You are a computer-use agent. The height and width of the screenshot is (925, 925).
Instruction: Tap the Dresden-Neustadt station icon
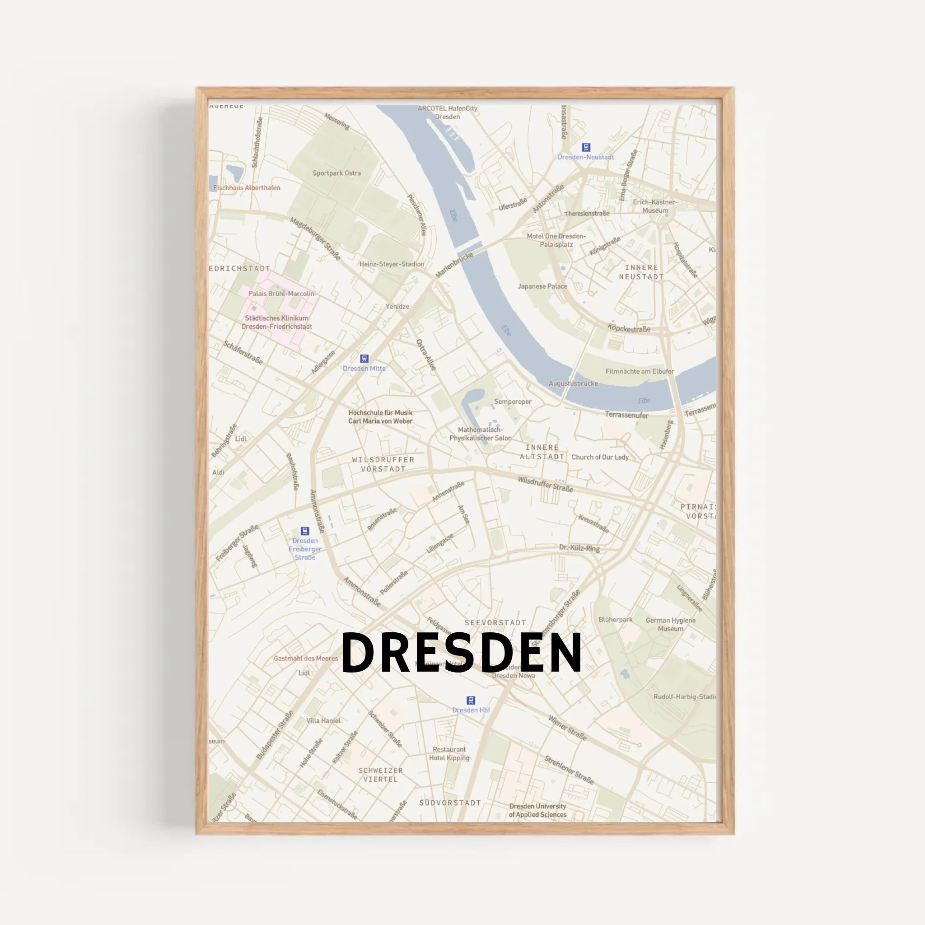[585, 147]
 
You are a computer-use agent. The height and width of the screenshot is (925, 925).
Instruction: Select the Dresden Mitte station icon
[364, 359]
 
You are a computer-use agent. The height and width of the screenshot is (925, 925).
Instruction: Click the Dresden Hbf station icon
[471, 701]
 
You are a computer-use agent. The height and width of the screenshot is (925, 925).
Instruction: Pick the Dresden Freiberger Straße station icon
[304, 531]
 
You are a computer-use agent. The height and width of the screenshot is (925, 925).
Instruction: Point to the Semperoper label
[513, 402]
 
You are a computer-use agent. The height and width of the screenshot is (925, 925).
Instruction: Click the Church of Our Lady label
[600, 457]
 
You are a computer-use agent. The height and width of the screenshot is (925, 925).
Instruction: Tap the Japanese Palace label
[542, 286]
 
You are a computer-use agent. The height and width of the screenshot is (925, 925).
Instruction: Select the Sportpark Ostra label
[336, 173]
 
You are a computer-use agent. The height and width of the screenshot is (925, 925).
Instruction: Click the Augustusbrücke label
[573, 383]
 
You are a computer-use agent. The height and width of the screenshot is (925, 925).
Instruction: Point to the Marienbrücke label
[454, 265]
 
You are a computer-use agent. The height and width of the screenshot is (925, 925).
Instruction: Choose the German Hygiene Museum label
[670, 624]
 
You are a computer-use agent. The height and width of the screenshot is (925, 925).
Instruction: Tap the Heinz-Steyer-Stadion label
[392, 264]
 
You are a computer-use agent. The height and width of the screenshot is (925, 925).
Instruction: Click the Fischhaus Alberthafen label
[247, 188]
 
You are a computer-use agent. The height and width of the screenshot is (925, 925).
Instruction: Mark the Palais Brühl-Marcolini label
[282, 294]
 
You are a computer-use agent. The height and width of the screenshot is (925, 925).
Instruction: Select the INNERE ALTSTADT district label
[542, 452]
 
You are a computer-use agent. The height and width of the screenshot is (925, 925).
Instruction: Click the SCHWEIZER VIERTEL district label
[381, 775]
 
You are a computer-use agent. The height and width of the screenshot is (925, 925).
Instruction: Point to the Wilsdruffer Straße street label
[545, 484]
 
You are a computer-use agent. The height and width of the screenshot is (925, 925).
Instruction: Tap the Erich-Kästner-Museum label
[655, 206]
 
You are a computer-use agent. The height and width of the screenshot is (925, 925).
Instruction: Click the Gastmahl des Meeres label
[305, 659]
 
